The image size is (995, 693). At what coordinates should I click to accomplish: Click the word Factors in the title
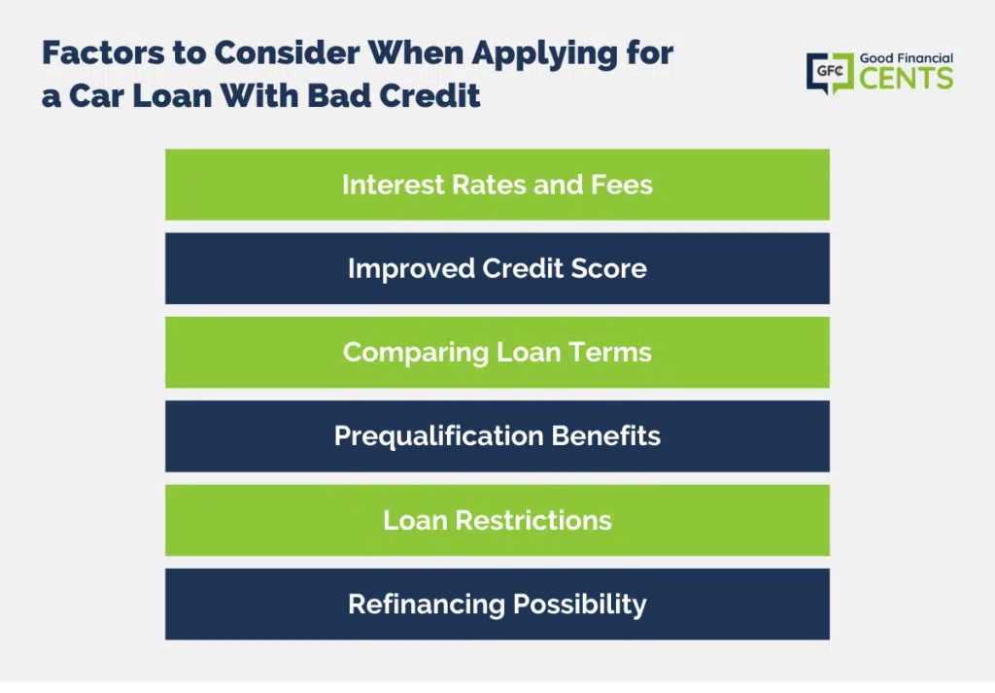103,52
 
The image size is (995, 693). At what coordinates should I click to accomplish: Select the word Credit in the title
429,96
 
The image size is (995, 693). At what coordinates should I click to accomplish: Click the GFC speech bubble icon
830,73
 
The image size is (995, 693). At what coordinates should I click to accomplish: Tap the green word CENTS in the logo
907,79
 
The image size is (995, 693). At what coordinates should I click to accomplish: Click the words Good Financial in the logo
907,58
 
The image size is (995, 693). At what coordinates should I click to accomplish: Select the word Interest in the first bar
393,185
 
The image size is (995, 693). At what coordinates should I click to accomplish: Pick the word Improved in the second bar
411,269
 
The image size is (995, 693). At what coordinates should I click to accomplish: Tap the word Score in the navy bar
608,268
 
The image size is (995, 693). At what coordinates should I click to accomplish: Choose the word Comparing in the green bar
416,353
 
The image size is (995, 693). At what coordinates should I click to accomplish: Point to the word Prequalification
439,436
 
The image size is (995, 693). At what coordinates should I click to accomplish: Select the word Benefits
606,436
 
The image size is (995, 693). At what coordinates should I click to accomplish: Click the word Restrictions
533,520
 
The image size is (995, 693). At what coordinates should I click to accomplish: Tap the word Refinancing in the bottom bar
427,605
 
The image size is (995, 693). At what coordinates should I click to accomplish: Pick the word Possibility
580,605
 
